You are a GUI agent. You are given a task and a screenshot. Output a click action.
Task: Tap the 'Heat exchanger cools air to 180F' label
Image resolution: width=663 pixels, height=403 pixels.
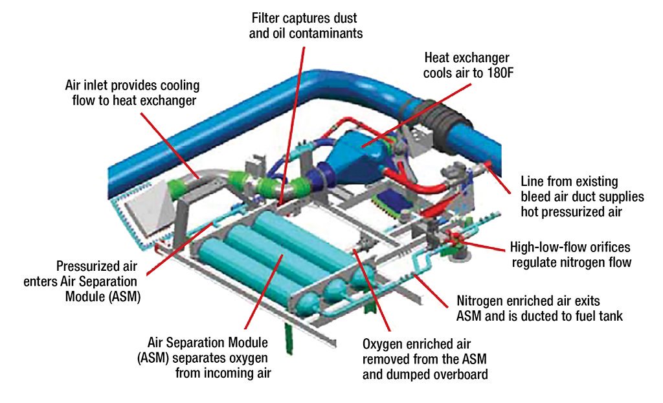click(x=467, y=65)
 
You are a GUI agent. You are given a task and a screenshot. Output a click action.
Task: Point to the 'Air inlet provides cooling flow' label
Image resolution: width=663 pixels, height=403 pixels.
click(x=132, y=93)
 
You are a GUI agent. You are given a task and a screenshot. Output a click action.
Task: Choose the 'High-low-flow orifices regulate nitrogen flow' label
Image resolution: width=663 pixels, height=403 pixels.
click(x=570, y=255)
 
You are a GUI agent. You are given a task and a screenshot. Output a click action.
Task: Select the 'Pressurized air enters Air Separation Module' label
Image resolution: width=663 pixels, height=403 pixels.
click(x=97, y=282)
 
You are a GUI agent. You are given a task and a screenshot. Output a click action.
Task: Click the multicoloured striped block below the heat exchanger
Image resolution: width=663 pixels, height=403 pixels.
click(x=392, y=203)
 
